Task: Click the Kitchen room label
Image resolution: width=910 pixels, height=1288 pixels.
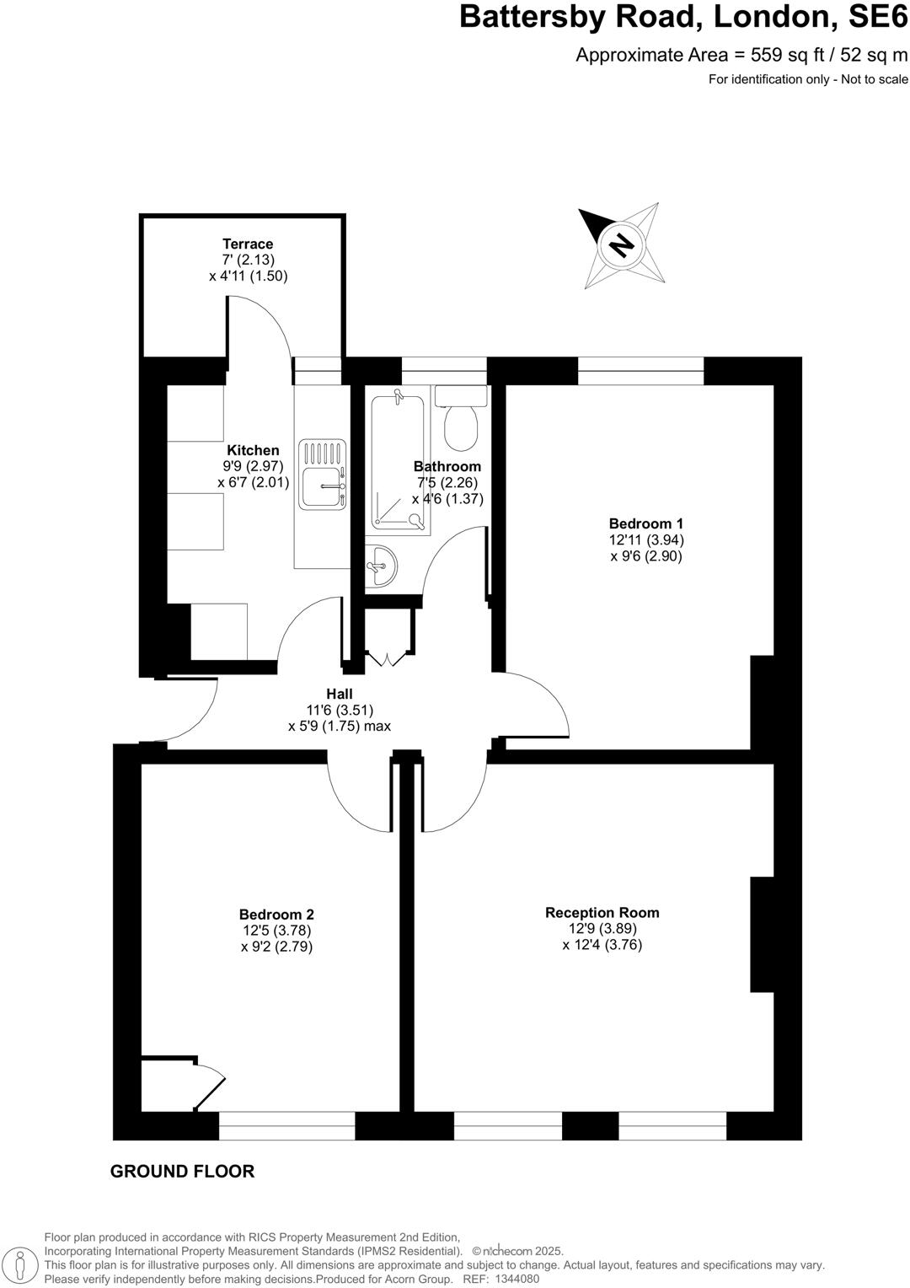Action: (253, 450)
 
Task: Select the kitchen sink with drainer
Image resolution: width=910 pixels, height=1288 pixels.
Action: (322, 475)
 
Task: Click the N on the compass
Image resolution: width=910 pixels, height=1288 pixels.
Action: (621, 245)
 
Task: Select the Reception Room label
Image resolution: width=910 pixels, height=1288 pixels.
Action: (602, 912)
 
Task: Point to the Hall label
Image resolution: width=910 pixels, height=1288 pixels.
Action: (339, 693)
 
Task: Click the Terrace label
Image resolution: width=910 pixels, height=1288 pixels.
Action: (248, 244)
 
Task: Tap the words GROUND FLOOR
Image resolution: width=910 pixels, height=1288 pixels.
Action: (182, 1171)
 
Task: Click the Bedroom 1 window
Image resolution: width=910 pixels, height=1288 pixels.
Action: (640, 371)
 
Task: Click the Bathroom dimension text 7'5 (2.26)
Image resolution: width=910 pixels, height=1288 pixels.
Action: (447, 483)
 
